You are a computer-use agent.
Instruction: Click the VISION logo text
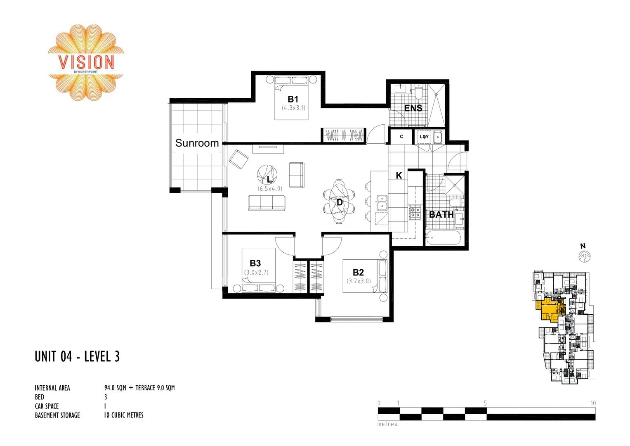point(86,62)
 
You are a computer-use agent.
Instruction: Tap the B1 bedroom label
point(293,99)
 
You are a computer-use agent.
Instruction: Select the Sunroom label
point(197,143)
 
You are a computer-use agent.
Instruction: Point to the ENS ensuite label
point(413,108)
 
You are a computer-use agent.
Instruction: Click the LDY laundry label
point(424,137)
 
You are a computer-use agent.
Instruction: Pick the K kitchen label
point(399,176)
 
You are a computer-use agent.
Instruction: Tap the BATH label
point(441,215)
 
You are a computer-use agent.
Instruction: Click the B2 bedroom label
point(358,273)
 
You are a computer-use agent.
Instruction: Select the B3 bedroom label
point(255,263)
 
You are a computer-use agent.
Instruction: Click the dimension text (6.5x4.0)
point(270,189)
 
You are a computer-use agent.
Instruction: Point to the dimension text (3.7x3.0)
point(359,281)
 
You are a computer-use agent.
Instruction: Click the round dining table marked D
point(339,202)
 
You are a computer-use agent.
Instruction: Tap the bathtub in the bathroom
point(442,238)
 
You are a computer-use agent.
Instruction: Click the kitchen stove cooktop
point(415,212)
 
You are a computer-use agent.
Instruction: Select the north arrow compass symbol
point(584,257)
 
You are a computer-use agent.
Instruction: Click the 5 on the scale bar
point(485,403)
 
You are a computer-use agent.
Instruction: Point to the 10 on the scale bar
point(593,403)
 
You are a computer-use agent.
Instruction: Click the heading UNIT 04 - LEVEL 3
point(77,356)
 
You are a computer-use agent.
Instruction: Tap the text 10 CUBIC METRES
point(124,415)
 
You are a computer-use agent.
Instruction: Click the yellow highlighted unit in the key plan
point(550,309)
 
